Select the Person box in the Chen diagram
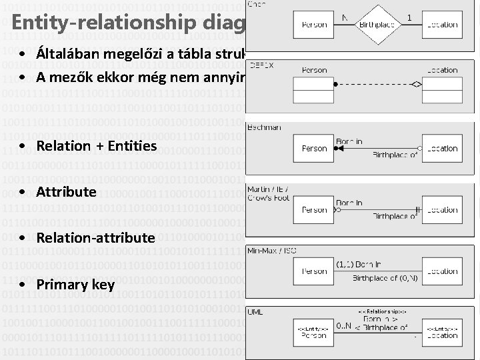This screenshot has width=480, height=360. click(x=314, y=24)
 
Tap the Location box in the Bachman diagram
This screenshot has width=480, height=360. click(x=442, y=148)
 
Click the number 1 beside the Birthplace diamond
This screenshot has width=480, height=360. click(x=408, y=17)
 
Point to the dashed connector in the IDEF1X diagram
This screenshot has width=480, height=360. click(x=373, y=84)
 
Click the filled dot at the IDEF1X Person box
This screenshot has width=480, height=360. click(x=337, y=84)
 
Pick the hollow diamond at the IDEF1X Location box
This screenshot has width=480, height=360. click(x=416, y=84)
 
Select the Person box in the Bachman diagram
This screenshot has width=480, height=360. click(x=314, y=148)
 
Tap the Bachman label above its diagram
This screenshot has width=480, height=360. click(x=264, y=127)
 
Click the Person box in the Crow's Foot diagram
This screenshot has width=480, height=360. click(x=314, y=209)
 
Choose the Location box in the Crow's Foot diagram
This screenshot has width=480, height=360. click(x=442, y=209)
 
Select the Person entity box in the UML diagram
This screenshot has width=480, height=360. click(x=314, y=332)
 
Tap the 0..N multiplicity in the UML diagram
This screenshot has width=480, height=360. click(x=344, y=325)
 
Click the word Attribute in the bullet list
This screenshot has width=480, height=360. click(x=67, y=192)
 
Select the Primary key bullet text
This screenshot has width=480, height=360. click(x=75, y=285)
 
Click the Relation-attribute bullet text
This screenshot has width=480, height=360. click(x=96, y=238)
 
